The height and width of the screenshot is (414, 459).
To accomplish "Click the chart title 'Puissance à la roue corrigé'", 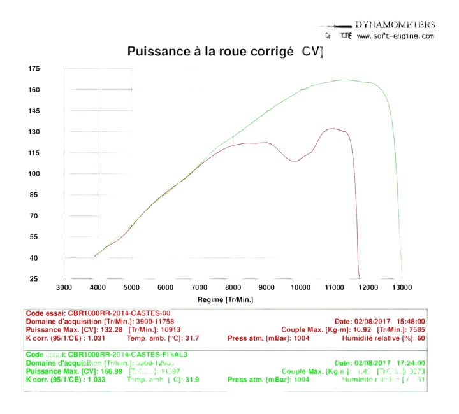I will coord(210,51).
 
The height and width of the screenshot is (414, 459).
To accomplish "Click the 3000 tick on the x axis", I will coord(64,288).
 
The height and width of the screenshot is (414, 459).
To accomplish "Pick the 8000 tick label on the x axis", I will coord(233,288).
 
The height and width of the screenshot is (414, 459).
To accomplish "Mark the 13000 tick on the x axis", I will coord(402,288).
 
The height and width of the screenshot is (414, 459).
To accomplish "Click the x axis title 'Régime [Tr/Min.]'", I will coord(226,299).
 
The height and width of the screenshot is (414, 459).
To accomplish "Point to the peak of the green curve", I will coord(344,80).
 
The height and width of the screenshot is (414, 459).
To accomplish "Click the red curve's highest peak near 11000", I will coord(333,129).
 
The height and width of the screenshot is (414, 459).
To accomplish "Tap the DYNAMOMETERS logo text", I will coord(395,25).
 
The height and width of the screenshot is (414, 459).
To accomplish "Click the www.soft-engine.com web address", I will coord(395,36).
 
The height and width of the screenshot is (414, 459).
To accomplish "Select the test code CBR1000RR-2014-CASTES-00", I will coord(116,313).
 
